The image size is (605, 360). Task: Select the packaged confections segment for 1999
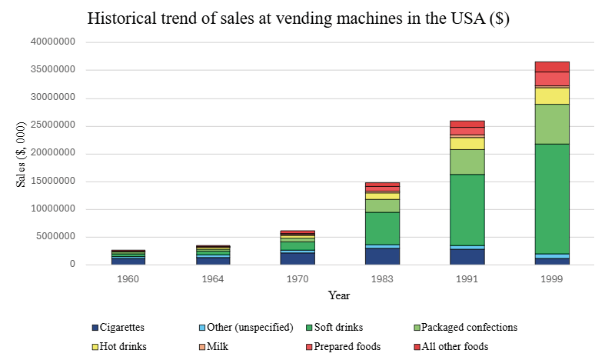pyautogui.click(x=552, y=124)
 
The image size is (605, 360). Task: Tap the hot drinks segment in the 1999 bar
pyautogui.click(x=552, y=95)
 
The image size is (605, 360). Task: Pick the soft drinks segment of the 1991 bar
pyautogui.click(x=467, y=209)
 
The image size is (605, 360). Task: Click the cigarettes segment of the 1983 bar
pyautogui.click(x=382, y=256)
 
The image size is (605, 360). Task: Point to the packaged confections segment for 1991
pyautogui.click(x=467, y=162)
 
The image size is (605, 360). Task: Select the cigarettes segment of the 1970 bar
pyautogui.click(x=298, y=258)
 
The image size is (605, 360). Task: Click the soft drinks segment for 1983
pyautogui.click(x=382, y=228)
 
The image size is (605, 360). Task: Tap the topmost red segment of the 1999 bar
pyautogui.click(x=552, y=66)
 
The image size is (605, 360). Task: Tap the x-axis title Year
pyautogui.click(x=339, y=295)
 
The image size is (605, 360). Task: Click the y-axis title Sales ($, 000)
pyautogui.click(x=22, y=154)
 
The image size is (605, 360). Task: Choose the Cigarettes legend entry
pyautogui.click(x=118, y=327)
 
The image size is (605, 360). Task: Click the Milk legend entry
pyautogui.click(x=216, y=346)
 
